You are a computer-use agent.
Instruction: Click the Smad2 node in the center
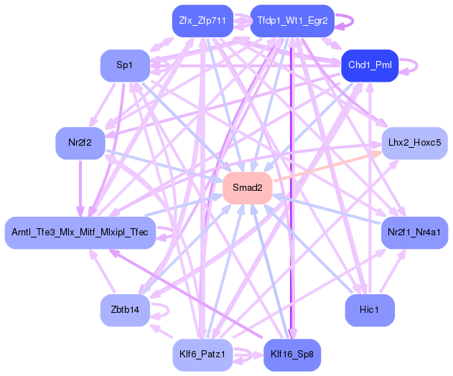pyautogui.click(x=247, y=187)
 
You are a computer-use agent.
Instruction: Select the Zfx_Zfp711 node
pyautogui.click(x=202, y=21)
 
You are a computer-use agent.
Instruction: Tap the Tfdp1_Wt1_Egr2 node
pyautogui.click(x=292, y=21)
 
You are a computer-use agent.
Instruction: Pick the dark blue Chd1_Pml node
pyautogui.click(x=368, y=65)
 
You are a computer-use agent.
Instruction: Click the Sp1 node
pyautogui.click(x=124, y=65)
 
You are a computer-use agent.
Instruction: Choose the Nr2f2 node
pyautogui.click(x=80, y=142)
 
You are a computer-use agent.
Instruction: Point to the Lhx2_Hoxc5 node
pyautogui.click(x=414, y=142)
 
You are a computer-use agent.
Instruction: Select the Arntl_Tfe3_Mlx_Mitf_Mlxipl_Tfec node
pyautogui.click(x=80, y=232)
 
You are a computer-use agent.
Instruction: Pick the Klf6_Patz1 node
pyautogui.click(x=202, y=354)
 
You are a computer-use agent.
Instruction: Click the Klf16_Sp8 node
pyautogui.click(x=292, y=354)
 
